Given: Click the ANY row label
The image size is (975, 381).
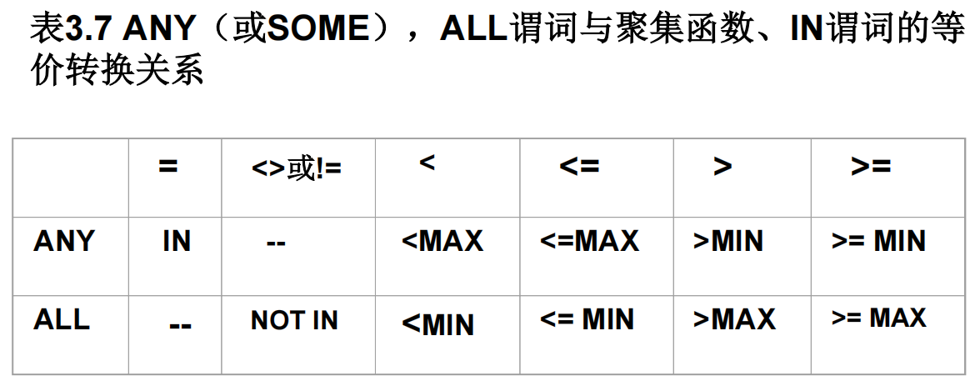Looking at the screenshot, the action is [64, 242].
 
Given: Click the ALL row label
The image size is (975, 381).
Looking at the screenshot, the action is [62, 320].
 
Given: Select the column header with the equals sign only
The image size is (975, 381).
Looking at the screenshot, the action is [168, 167].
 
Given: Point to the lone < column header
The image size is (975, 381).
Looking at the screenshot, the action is [427, 163].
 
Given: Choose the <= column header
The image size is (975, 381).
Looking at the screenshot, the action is [579, 167].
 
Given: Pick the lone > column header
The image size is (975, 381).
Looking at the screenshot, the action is [722, 167].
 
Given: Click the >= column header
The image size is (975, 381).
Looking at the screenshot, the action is [871, 167].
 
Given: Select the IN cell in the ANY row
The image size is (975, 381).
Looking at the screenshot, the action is [177, 242].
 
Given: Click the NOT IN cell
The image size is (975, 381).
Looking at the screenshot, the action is [294, 321].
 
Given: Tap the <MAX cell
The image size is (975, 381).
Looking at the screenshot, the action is [442, 242].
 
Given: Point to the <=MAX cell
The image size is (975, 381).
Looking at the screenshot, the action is [589, 242].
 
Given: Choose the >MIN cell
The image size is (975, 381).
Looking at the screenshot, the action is [727, 242].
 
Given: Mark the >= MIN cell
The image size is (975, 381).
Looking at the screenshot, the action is [878, 242].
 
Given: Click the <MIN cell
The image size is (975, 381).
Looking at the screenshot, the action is [437, 324].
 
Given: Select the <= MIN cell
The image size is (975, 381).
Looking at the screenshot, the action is [587, 320].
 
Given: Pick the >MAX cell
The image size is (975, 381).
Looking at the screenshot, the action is [734, 320].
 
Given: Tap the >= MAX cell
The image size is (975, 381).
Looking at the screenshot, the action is [878, 318].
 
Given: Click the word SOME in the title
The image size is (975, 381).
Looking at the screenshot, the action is [318, 31].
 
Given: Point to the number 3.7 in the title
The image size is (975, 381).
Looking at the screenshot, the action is [87, 31].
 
